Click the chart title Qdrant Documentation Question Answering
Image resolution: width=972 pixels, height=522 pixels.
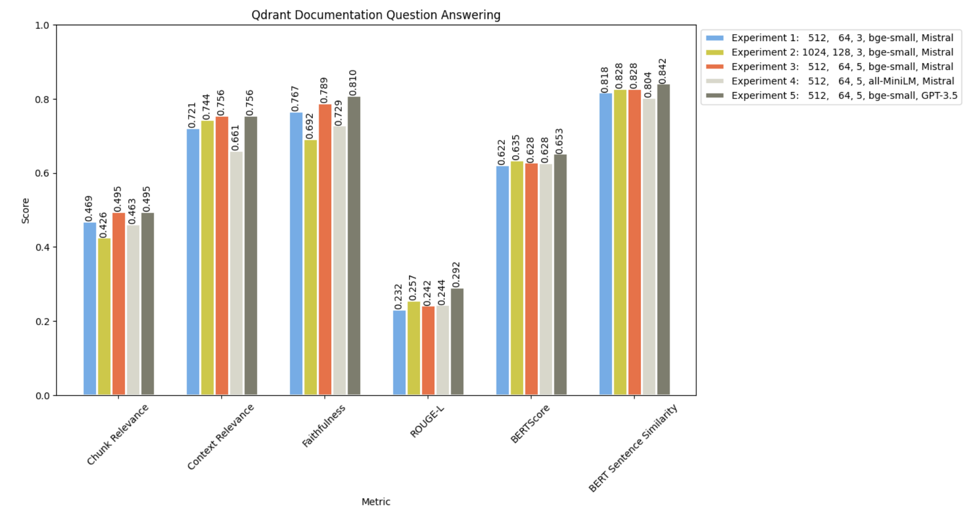click(375, 15)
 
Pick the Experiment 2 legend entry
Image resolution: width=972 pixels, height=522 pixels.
click(842, 52)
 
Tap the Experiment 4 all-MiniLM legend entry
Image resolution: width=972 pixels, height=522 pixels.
click(842, 81)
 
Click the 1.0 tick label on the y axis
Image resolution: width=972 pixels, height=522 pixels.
click(43, 25)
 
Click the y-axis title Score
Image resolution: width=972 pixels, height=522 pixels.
click(25, 210)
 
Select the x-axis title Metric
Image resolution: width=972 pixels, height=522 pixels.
click(375, 501)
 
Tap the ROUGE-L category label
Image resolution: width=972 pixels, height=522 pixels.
click(427, 421)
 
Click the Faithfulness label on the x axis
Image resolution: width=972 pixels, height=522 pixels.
click(323, 426)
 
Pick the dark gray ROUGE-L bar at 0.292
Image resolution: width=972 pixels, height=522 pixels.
click(457, 342)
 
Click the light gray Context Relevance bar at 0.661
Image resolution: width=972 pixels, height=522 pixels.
click(236, 273)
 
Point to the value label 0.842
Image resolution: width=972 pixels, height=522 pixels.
click(663, 71)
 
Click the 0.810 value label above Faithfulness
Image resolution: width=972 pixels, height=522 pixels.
click(353, 83)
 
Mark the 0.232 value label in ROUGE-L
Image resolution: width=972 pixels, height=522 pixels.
click(399, 297)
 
